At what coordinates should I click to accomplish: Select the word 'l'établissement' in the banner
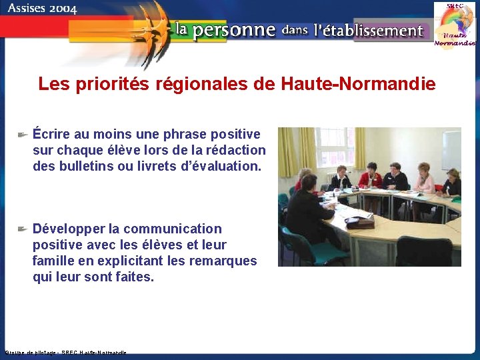[x=368, y=30]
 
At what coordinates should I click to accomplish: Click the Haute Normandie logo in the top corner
[x=455, y=25]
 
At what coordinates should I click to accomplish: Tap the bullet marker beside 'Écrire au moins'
[x=21, y=135]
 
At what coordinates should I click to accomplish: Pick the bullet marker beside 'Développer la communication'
[x=21, y=229]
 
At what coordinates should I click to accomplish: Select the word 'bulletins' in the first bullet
[x=88, y=166]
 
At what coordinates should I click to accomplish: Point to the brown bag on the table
[x=361, y=222]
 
